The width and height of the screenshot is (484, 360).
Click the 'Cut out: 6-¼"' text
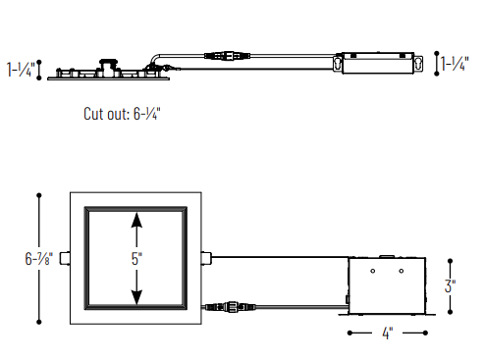(122, 114)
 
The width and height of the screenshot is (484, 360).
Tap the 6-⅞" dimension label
(38, 259)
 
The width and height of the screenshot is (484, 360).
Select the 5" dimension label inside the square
(136, 259)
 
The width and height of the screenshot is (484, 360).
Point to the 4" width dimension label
(387, 334)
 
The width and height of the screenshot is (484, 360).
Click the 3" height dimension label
(450, 286)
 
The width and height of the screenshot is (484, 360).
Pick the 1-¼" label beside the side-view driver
(455, 64)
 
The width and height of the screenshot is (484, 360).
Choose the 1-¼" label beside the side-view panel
(21, 70)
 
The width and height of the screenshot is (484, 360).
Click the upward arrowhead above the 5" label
(136, 220)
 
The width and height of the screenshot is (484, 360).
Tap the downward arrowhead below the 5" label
(136, 297)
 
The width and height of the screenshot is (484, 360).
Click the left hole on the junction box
(373, 271)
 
